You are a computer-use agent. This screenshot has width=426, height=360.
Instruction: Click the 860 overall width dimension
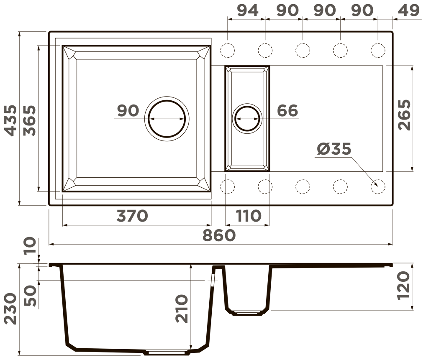click(219, 235)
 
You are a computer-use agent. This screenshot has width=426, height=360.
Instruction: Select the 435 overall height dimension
click(11, 120)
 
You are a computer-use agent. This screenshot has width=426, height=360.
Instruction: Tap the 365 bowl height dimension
click(30, 120)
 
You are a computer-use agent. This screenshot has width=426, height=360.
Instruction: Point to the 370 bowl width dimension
click(132, 216)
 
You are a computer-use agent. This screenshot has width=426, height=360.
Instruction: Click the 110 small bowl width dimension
click(249, 216)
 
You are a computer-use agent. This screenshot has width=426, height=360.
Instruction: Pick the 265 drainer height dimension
click(404, 115)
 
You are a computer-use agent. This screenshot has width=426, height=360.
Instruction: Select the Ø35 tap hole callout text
click(334, 149)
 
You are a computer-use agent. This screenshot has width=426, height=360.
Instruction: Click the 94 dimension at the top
click(247, 10)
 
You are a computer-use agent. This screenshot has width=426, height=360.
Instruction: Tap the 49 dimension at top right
click(409, 10)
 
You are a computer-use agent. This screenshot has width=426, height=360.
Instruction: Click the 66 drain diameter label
click(287, 110)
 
